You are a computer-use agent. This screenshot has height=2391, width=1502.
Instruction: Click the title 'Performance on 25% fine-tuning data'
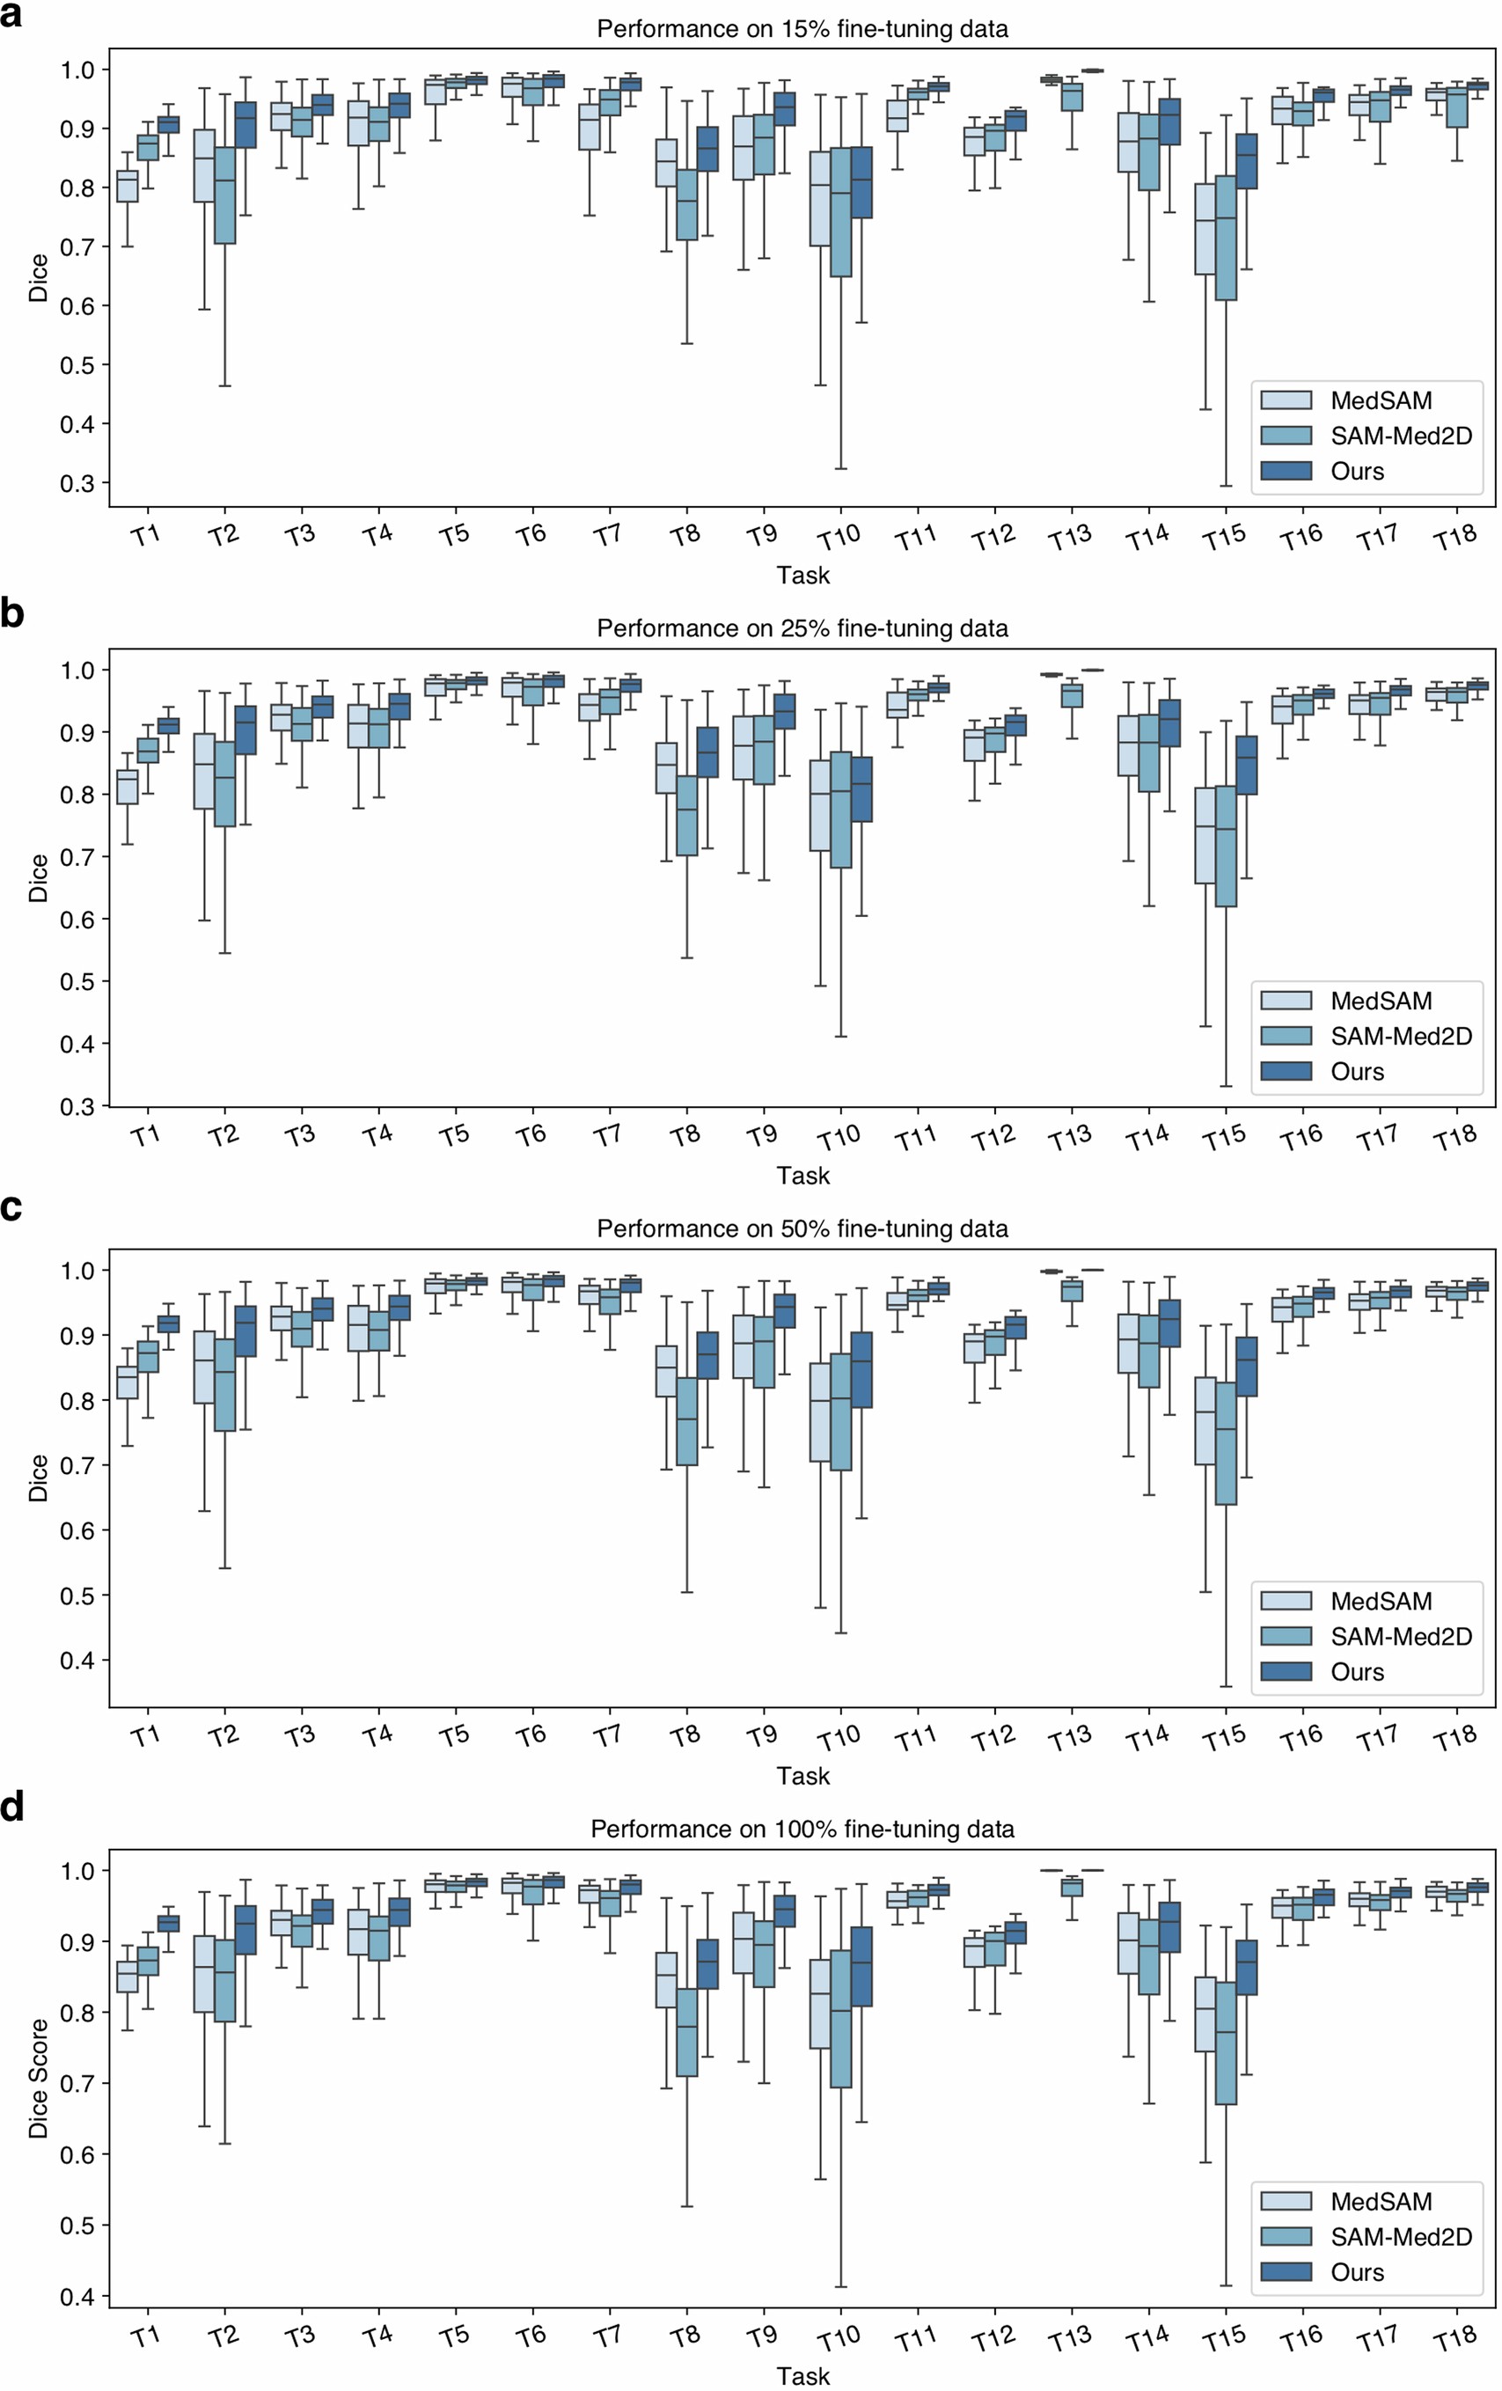tap(802, 628)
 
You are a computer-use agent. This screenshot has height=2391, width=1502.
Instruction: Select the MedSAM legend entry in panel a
tap(1380, 401)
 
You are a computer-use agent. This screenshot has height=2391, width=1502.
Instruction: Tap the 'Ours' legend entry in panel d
tap(1356, 2272)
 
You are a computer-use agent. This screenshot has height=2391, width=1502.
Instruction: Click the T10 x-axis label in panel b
tap(839, 1138)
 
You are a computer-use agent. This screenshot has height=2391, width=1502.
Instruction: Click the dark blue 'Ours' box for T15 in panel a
tap(1246, 161)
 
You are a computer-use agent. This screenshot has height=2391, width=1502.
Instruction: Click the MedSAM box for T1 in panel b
tap(127, 788)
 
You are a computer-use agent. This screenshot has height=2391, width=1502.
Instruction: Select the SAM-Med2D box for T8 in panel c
tap(686, 1420)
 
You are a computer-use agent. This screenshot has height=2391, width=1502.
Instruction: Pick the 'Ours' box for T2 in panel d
tap(245, 1930)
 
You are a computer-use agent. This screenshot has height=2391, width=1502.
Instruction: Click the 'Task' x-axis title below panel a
tap(802, 575)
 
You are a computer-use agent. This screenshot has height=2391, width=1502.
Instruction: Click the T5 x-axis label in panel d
tap(454, 2337)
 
